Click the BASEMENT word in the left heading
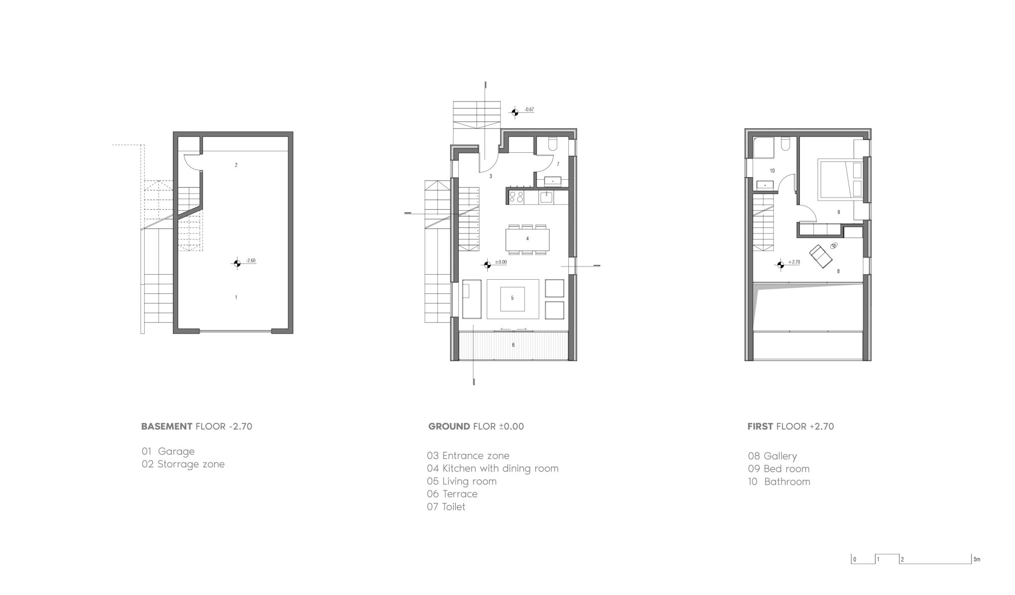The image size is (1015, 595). tap(166, 426)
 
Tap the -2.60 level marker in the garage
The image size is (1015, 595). tap(236, 262)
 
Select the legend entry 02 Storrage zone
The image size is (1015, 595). tap(183, 464)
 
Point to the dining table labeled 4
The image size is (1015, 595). tap(527, 239)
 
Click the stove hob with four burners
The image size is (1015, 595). tap(516, 196)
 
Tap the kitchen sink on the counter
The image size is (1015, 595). tap(547, 196)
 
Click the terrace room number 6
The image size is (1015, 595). tap(513, 345)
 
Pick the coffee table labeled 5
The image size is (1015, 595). tap(512, 299)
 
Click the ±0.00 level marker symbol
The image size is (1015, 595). tap(487, 263)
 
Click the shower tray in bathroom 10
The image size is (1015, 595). tap(763, 148)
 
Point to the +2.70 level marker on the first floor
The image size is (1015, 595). tap(781, 264)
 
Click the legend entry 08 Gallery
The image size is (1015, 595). tap(772, 456)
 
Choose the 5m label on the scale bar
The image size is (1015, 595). tap(977, 560)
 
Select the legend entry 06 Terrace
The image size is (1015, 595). tap(452, 494)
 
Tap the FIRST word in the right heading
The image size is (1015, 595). tap(760, 426)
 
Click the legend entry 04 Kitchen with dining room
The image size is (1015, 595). tap(493, 469)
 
